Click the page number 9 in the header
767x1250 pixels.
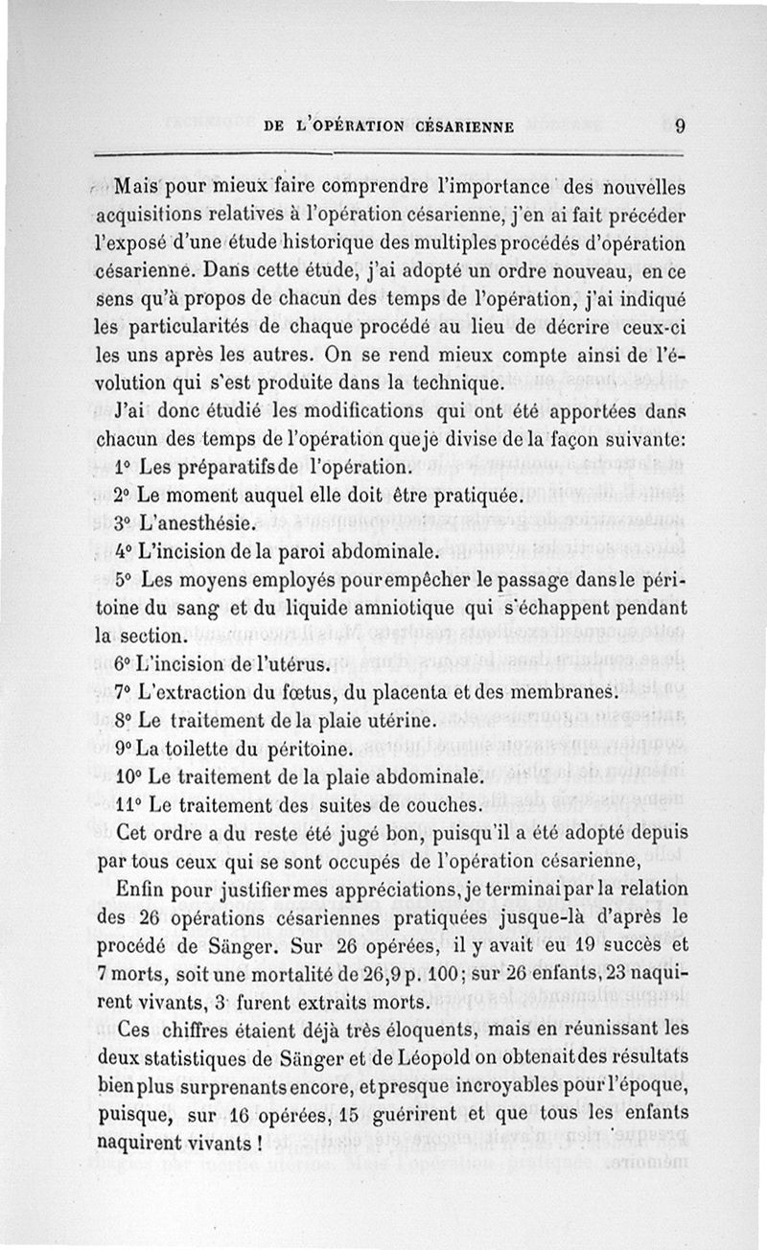(678, 125)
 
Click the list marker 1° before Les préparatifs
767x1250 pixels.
(123, 469)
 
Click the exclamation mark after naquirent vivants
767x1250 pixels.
(260, 1143)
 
